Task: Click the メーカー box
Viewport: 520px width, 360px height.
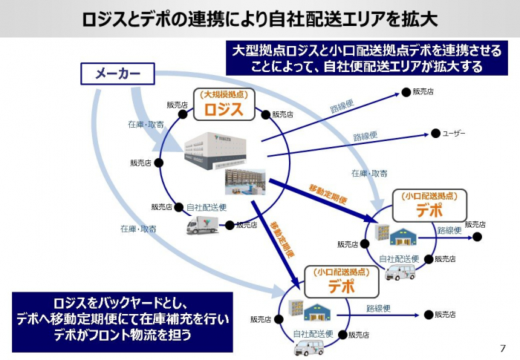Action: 117,73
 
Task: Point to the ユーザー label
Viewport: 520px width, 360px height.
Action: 454,134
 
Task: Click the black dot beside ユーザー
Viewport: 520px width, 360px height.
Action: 436,134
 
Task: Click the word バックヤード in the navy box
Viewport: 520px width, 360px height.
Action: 137,304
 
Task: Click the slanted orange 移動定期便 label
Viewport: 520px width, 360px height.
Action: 328,194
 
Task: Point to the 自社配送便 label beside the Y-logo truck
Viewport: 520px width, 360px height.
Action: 207,207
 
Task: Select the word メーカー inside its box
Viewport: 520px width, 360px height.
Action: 117,73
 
